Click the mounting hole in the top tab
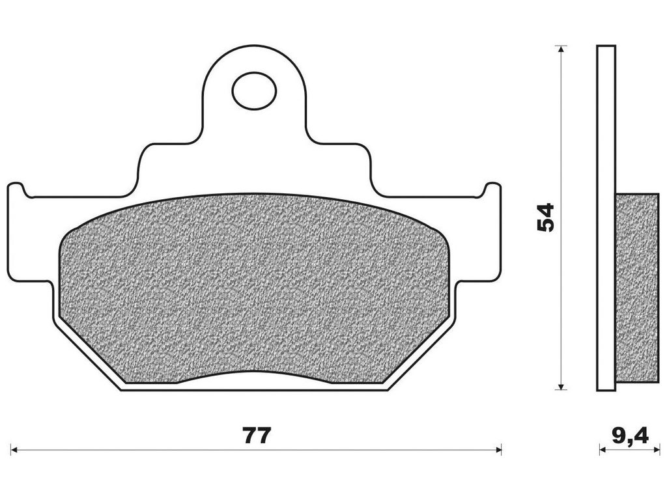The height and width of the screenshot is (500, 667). click(254, 90)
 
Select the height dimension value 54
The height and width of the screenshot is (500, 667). click(546, 217)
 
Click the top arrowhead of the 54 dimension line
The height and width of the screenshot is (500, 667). click(562, 49)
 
